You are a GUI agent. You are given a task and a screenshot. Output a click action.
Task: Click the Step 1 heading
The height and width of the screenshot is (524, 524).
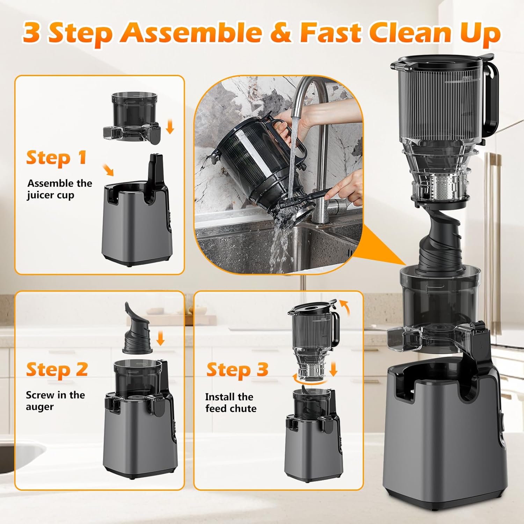pyautogui.click(x=56, y=158)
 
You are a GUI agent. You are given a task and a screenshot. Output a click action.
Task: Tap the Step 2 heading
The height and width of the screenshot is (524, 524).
pyautogui.click(x=57, y=370)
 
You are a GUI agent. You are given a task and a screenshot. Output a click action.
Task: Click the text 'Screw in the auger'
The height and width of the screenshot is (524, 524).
pyautogui.click(x=55, y=401)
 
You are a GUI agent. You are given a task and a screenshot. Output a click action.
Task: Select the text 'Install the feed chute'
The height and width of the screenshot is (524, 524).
pyautogui.click(x=231, y=402)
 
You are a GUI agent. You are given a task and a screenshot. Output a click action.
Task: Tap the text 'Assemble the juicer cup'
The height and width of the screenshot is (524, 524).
pyautogui.click(x=59, y=189)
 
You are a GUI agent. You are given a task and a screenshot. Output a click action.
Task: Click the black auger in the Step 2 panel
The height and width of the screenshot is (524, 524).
pyautogui.click(x=137, y=331)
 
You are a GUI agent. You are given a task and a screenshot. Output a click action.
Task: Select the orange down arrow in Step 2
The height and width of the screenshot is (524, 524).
pyautogui.click(x=160, y=338)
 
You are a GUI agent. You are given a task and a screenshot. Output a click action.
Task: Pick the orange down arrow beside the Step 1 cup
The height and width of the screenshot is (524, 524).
pyautogui.click(x=170, y=126)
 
